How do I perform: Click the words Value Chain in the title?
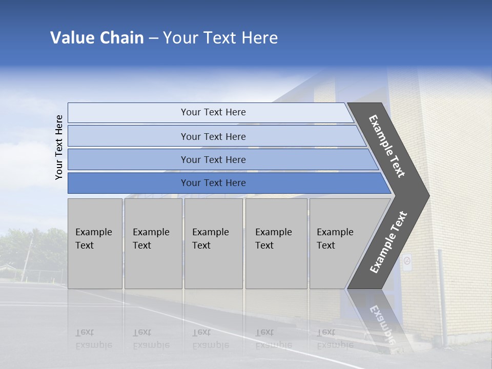(97, 38)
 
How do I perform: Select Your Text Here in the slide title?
(220, 38)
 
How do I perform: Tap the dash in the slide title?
(153, 38)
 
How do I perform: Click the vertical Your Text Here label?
(59, 147)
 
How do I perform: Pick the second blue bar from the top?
(213, 136)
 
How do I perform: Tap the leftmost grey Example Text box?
(95, 243)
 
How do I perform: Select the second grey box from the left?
(153, 243)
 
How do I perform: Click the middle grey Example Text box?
(213, 243)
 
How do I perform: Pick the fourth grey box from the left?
(276, 243)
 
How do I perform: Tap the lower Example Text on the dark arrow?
(388, 242)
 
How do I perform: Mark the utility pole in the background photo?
(27, 259)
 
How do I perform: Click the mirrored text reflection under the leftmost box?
(93, 339)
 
